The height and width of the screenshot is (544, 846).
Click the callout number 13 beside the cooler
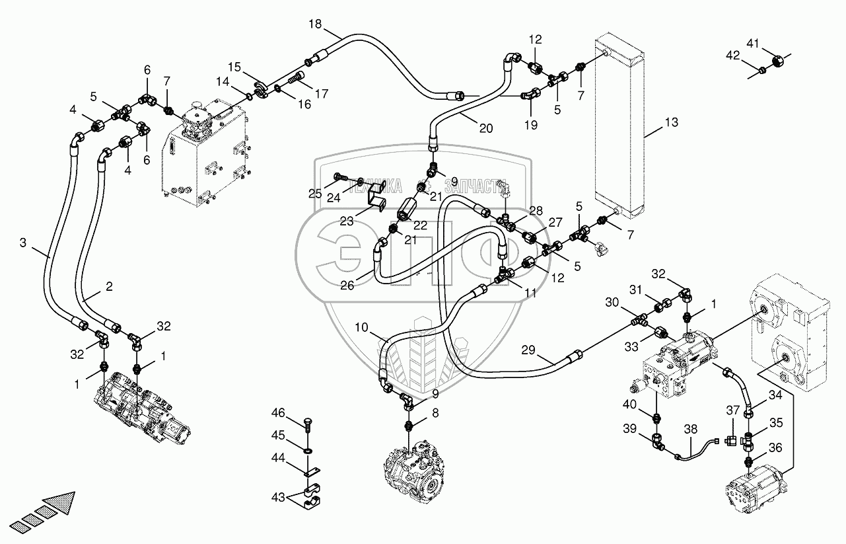672,122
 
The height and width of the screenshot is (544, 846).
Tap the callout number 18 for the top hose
315,24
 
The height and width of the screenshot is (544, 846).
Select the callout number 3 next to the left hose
23,243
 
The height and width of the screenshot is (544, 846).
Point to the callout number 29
528,350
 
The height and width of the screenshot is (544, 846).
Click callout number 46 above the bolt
278,413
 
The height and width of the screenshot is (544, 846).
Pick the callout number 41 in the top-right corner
752,44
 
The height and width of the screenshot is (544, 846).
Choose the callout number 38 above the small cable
690,430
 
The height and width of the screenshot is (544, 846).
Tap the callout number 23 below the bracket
346,221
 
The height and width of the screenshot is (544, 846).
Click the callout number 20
486,128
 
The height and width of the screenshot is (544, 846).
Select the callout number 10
361,327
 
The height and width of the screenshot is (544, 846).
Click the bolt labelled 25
339,177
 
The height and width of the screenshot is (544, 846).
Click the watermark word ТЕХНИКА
374,187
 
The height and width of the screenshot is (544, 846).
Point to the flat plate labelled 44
312,472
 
